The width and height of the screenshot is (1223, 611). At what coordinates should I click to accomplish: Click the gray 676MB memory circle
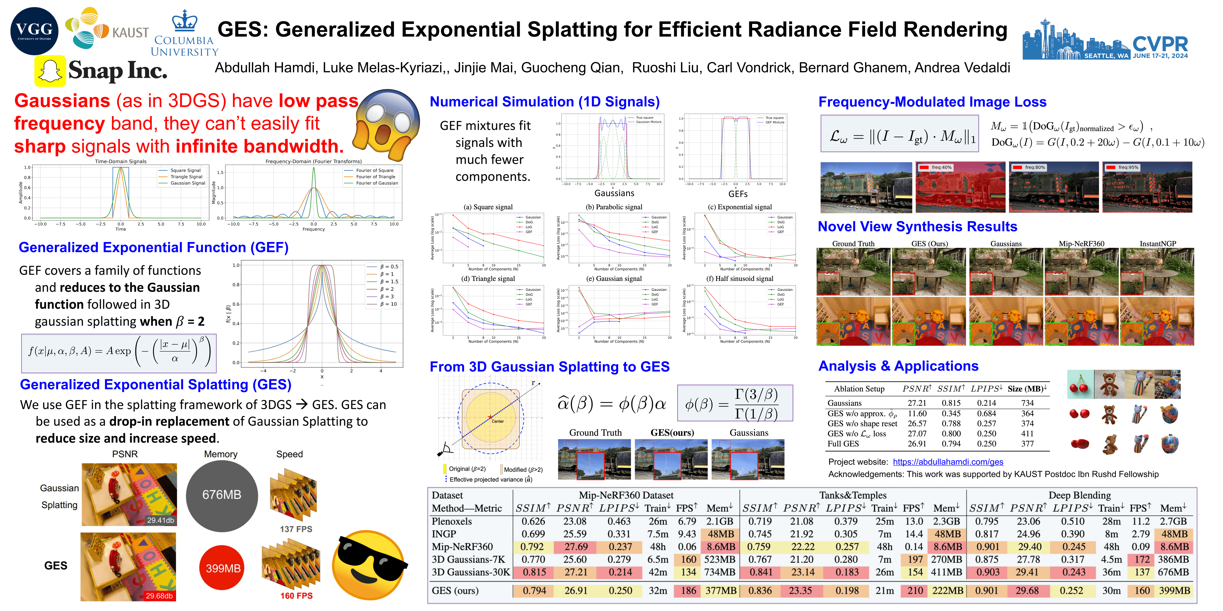[222, 495]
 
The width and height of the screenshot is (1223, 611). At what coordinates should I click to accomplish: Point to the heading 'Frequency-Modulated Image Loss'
[932, 102]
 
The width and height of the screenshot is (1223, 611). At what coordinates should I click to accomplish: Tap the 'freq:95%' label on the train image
[1128, 167]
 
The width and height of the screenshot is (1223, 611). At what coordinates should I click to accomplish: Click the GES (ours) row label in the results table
[455, 591]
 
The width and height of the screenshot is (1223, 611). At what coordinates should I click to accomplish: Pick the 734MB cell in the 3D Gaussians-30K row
[719, 572]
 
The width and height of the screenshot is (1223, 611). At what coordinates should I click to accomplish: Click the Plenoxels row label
[452, 521]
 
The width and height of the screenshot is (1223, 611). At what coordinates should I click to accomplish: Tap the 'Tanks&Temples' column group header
[853, 495]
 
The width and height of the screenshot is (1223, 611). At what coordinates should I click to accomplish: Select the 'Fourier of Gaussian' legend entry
[377, 183]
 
